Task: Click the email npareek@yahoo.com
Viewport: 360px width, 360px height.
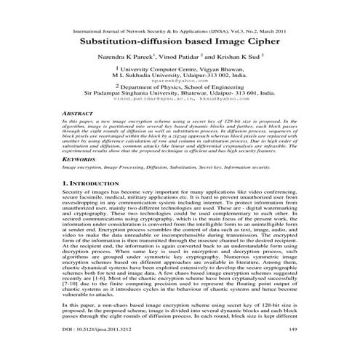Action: click(x=180, y=81)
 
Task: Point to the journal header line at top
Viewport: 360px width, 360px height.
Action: click(x=180, y=32)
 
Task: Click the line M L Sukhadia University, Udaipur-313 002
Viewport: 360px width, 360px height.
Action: click(x=180, y=75)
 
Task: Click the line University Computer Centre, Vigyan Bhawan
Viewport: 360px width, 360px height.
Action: click(x=182, y=68)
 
